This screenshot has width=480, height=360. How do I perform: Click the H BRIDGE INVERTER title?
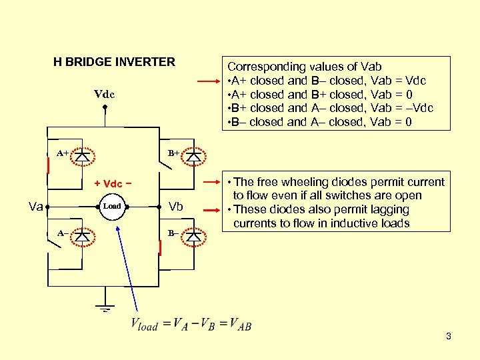click(x=114, y=62)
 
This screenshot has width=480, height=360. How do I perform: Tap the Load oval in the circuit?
click(x=112, y=206)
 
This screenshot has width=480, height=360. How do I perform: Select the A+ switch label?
click(x=63, y=153)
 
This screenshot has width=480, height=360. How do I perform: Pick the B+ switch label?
click(x=173, y=153)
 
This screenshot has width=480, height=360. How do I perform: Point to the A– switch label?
click(x=61, y=233)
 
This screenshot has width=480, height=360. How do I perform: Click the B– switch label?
click(x=172, y=233)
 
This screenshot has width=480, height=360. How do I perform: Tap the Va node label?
click(x=36, y=207)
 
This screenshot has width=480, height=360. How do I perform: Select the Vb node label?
click(x=176, y=206)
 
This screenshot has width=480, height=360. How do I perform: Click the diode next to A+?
click(x=82, y=154)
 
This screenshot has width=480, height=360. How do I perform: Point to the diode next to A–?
click(x=82, y=235)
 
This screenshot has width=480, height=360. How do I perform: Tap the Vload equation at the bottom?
click(x=191, y=325)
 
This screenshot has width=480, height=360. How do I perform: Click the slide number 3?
click(x=449, y=336)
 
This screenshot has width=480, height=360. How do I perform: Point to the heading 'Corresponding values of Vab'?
click(x=305, y=67)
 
